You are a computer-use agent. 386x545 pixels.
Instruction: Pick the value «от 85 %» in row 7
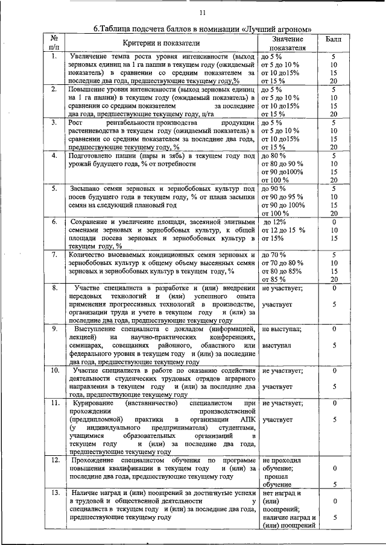tap(273, 279)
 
